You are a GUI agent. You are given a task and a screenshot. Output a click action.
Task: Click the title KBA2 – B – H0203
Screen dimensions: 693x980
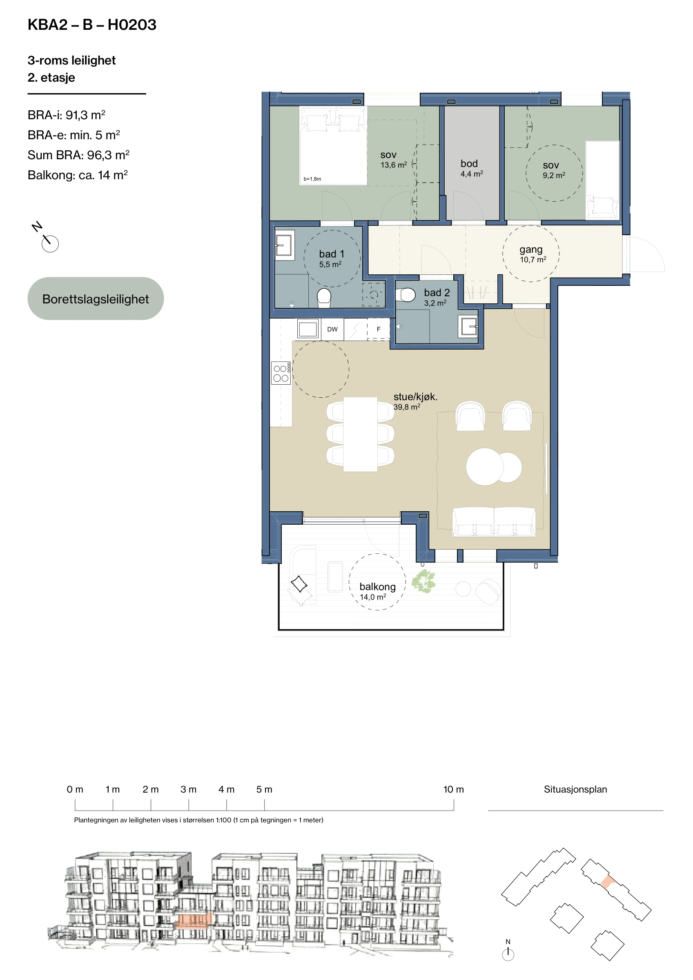click(92, 25)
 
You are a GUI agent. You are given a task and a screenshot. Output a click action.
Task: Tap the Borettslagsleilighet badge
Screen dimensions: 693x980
click(96, 298)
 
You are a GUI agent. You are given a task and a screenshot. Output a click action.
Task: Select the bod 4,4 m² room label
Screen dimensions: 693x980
click(471, 168)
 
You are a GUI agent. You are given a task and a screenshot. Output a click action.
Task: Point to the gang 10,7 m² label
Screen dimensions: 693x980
click(533, 254)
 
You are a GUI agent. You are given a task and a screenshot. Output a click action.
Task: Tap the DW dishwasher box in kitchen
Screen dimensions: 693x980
click(332, 329)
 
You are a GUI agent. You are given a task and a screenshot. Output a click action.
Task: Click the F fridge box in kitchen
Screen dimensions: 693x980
click(378, 329)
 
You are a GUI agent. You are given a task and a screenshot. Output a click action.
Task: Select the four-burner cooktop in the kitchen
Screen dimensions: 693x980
click(281, 373)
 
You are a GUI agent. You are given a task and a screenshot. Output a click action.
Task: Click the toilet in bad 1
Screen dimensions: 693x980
click(324, 298)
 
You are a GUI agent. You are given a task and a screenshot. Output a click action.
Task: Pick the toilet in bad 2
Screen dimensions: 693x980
click(406, 294)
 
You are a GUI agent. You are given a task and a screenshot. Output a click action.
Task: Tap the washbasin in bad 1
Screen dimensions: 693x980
click(284, 245)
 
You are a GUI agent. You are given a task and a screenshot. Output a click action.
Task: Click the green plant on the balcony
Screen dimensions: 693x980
click(423, 581)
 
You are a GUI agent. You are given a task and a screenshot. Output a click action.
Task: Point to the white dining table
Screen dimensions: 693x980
click(360, 434)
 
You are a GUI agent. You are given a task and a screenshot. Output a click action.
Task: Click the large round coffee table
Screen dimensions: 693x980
click(485, 467)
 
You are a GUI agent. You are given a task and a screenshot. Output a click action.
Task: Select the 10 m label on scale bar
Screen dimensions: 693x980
click(453, 789)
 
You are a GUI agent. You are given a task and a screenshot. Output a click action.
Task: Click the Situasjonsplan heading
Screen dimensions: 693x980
click(575, 789)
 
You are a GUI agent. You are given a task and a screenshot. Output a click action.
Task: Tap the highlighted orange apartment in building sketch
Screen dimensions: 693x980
click(194, 920)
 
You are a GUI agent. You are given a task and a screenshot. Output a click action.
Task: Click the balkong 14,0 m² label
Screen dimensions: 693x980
click(377, 591)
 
